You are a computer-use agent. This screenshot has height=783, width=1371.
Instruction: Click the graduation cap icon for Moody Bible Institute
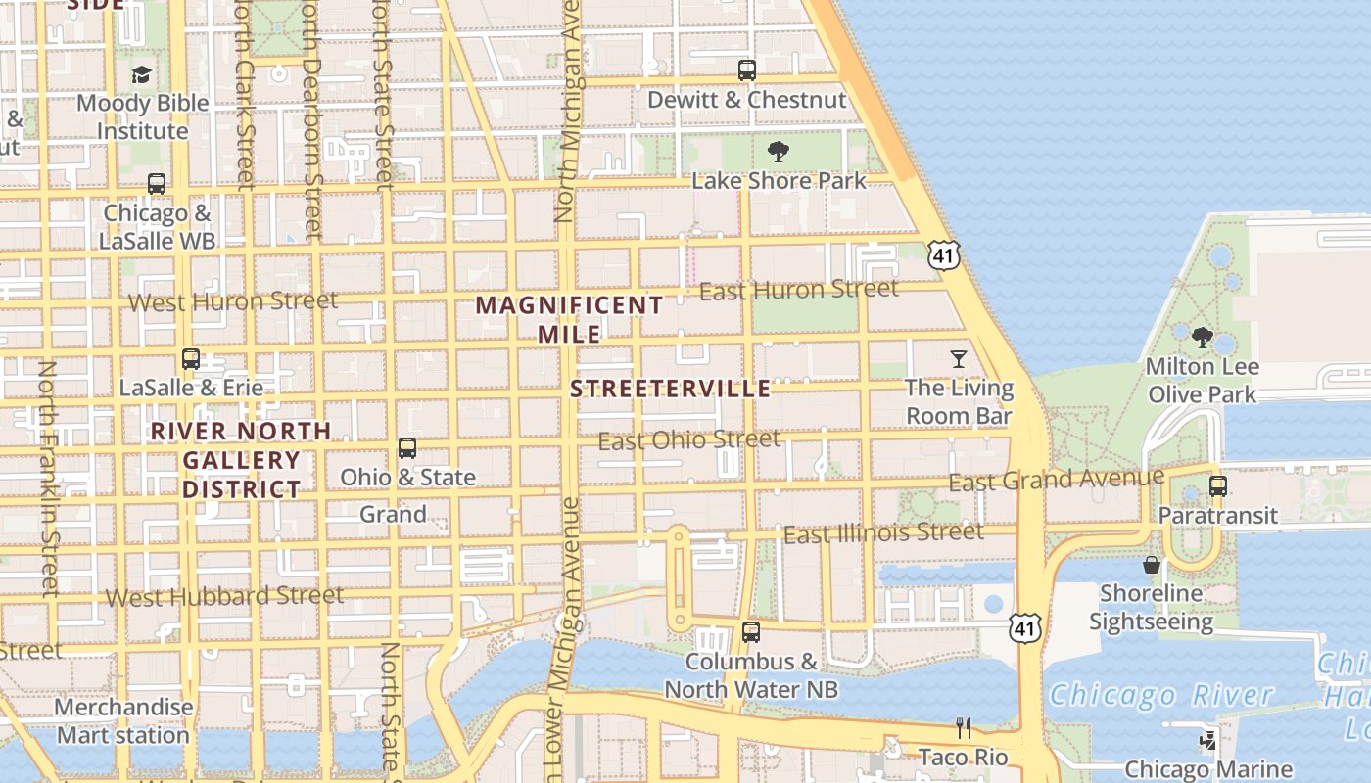[142, 75]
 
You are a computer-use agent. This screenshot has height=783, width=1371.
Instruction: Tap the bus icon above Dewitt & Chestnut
[747, 70]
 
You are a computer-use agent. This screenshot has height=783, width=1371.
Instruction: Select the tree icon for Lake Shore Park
[779, 152]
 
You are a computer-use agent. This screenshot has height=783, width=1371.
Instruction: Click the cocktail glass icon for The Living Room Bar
[959, 359]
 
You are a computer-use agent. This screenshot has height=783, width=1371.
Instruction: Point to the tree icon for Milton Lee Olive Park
[1202, 339]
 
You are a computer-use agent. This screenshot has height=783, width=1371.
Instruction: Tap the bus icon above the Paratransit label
[1218, 486]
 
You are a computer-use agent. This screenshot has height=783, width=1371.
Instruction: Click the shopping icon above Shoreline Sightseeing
[1151, 565]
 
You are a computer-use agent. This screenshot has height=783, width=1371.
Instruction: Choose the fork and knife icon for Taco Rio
[964, 727]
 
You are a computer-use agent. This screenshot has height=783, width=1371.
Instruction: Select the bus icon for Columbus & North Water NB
[751, 632]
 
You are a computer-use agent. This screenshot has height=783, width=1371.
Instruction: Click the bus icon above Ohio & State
[407, 449]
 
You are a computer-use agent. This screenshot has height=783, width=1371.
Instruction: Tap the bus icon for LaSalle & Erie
[191, 359]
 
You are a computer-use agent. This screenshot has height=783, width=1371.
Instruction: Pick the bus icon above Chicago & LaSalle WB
[157, 184]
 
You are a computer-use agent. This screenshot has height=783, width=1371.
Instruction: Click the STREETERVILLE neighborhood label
[671, 389]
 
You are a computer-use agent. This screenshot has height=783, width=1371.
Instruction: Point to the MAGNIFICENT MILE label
[569, 319]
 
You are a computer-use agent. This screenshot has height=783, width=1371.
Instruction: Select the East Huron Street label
[799, 290]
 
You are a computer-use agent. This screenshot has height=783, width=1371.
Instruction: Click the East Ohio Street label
[689, 440]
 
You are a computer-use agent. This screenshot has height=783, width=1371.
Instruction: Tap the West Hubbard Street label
[224, 596]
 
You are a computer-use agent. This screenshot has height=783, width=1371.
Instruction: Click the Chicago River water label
[1161, 696]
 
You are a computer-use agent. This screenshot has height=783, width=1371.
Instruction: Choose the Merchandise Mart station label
[123, 720]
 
